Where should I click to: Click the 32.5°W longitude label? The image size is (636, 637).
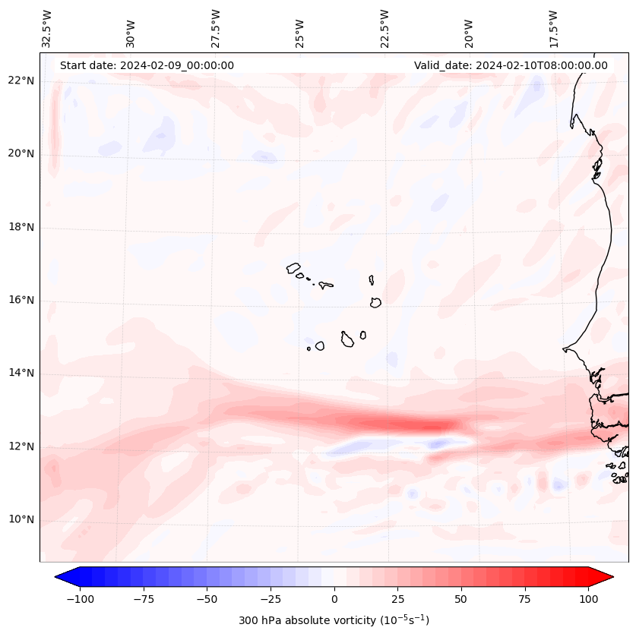pyautogui.click(x=47, y=28)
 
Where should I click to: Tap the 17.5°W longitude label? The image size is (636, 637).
pyautogui.click(x=553, y=28)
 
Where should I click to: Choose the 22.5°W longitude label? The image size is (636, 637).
pyautogui.click(x=384, y=28)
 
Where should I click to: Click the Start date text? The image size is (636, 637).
pyautogui.click(x=147, y=65)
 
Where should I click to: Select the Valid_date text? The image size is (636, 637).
pyautogui.click(x=511, y=65)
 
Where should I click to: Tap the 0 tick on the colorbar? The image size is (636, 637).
pyautogui.click(x=334, y=599)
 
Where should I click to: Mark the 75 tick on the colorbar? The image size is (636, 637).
pyautogui.click(x=524, y=599)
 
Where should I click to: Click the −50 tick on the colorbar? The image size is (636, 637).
pyautogui.click(x=207, y=599)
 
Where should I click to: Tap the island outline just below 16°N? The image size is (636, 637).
pyautogui.click(x=375, y=302)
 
